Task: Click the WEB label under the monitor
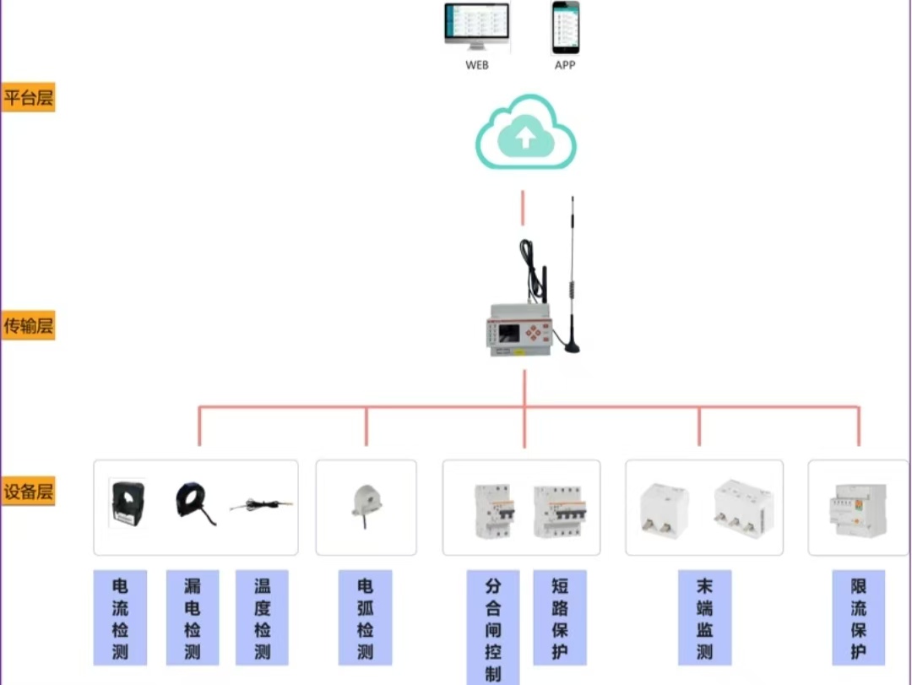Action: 476,65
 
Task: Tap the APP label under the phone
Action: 565,65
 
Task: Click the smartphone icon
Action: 566,27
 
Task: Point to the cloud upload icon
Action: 525,133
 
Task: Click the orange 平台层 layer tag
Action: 28,98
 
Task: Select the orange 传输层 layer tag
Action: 28,325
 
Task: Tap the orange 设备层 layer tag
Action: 28,492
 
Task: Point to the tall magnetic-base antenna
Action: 573,279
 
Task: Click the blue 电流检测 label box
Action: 120,617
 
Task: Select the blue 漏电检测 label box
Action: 192,617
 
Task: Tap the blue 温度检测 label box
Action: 262,617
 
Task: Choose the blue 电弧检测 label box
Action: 365,617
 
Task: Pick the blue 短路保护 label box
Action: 559,617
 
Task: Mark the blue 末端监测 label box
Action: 704,617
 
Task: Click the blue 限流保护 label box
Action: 858,617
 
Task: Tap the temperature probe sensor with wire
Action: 262,505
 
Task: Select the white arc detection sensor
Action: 366,503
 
